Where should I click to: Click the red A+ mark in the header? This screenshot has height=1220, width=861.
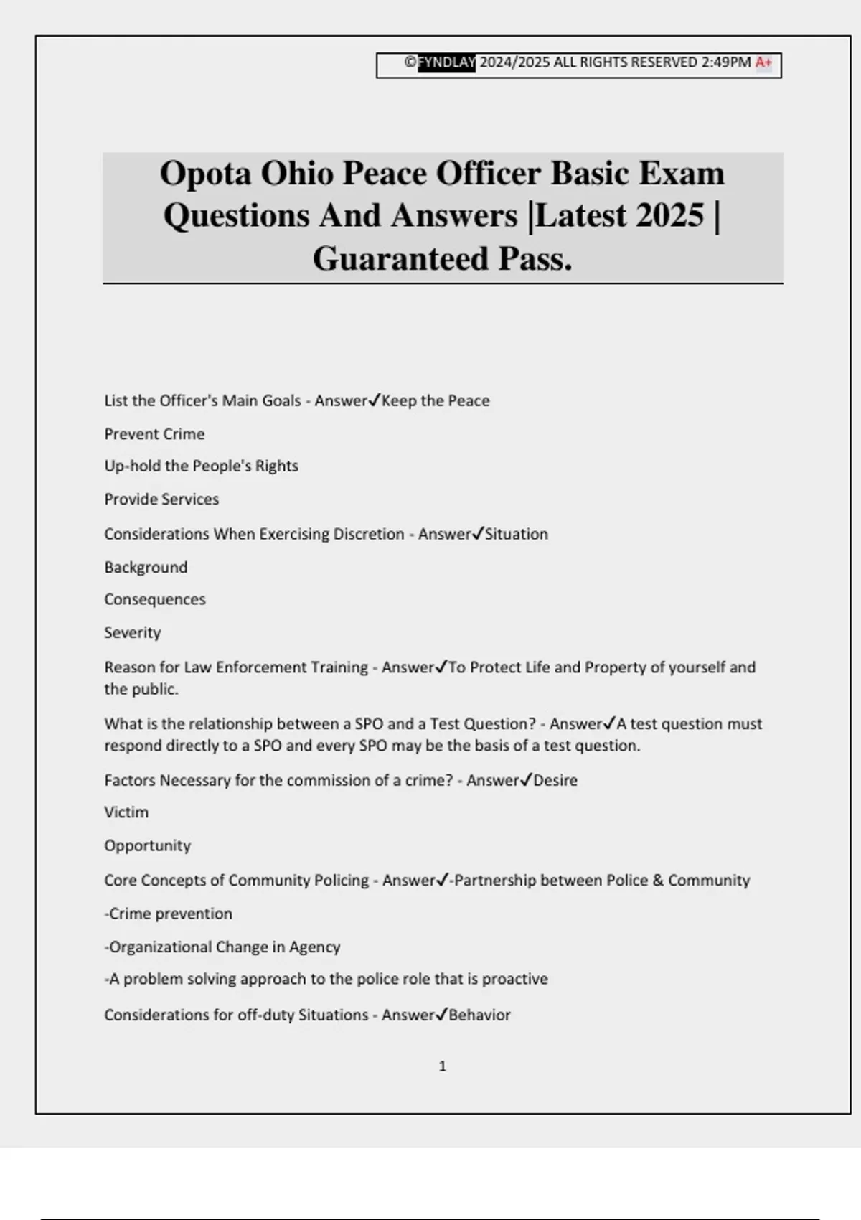click(x=763, y=62)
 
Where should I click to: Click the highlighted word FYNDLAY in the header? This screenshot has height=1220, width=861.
click(x=446, y=62)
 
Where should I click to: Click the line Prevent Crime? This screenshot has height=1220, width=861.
click(x=154, y=434)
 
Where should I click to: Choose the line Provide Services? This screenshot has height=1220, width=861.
click(x=161, y=499)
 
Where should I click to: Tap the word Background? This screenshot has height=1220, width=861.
click(x=146, y=568)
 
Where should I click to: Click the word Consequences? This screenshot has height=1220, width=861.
click(x=155, y=599)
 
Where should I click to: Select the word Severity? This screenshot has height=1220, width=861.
click(x=133, y=633)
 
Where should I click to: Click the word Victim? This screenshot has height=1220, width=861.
click(x=126, y=812)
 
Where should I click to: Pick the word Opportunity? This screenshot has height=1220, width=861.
click(x=148, y=846)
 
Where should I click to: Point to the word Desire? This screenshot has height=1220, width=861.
click(x=555, y=781)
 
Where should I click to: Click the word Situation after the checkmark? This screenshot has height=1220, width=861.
click(x=517, y=535)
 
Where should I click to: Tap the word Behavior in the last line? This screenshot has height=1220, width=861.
click(x=479, y=1015)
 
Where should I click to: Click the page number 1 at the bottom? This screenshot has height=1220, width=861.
click(x=442, y=1066)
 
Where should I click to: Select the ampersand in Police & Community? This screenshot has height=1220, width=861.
click(x=658, y=881)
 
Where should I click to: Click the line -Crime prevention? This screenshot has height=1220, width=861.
click(x=169, y=914)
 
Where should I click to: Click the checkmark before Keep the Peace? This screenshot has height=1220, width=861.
click(x=374, y=400)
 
